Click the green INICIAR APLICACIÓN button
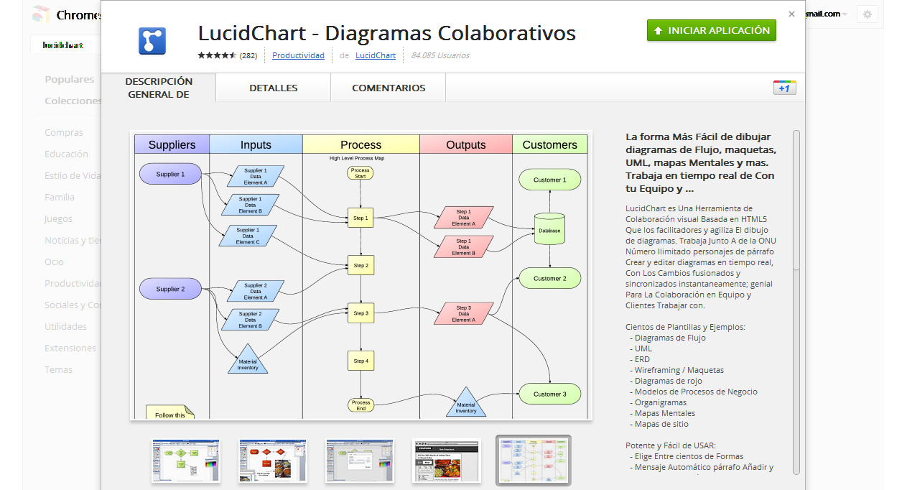pyautogui.click(x=711, y=30)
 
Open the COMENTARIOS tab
pyautogui.click(x=388, y=88)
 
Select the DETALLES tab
pyautogui.click(x=273, y=88)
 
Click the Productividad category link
pyautogui.click(x=298, y=55)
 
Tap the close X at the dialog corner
pyautogui.click(x=791, y=14)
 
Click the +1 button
pyautogui.click(x=784, y=88)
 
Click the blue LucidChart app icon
pyautogui.click(x=152, y=41)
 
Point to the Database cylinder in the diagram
pyautogui.click(x=549, y=229)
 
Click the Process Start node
pyautogui.click(x=361, y=173)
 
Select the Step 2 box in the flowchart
pyautogui.click(x=361, y=266)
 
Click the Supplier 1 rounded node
pyautogui.click(x=170, y=174)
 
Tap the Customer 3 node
pyautogui.click(x=549, y=394)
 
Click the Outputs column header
pyautogui.click(x=465, y=144)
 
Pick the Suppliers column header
pyautogui.click(x=172, y=144)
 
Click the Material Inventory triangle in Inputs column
pyautogui.click(x=248, y=361)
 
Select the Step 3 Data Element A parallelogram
pyautogui.click(x=464, y=314)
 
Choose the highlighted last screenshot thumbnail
pyautogui.click(x=533, y=461)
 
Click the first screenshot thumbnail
pyautogui.click(x=186, y=461)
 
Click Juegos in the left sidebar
pyautogui.click(x=59, y=218)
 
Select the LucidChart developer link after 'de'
pyautogui.click(x=375, y=55)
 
